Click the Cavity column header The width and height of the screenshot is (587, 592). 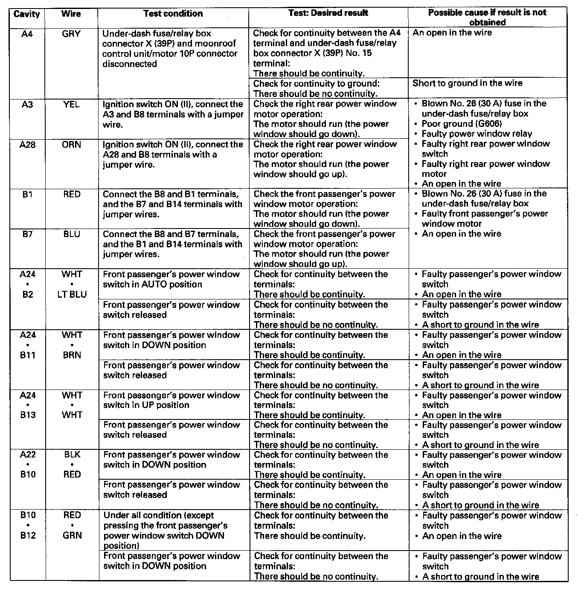point(26,14)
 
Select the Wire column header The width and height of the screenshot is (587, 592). point(71,14)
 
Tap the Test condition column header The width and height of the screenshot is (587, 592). point(173,14)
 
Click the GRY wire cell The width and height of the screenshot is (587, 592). point(71,34)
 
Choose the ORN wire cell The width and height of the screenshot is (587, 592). point(71,145)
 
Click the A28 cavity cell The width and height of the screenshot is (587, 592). point(27,145)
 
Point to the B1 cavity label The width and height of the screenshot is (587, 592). point(27,194)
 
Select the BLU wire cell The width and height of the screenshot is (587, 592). point(71,234)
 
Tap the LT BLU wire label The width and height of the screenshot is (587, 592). point(72,294)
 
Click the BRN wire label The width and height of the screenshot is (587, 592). point(72,355)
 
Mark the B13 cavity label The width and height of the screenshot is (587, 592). point(28,415)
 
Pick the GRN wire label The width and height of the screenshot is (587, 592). point(72,535)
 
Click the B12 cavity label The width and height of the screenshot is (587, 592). point(28,535)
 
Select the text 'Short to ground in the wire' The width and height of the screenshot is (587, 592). point(467,83)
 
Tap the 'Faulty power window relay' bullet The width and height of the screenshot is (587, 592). point(477,134)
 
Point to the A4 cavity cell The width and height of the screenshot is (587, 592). point(27,34)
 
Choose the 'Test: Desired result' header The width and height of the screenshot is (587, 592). point(328,13)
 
